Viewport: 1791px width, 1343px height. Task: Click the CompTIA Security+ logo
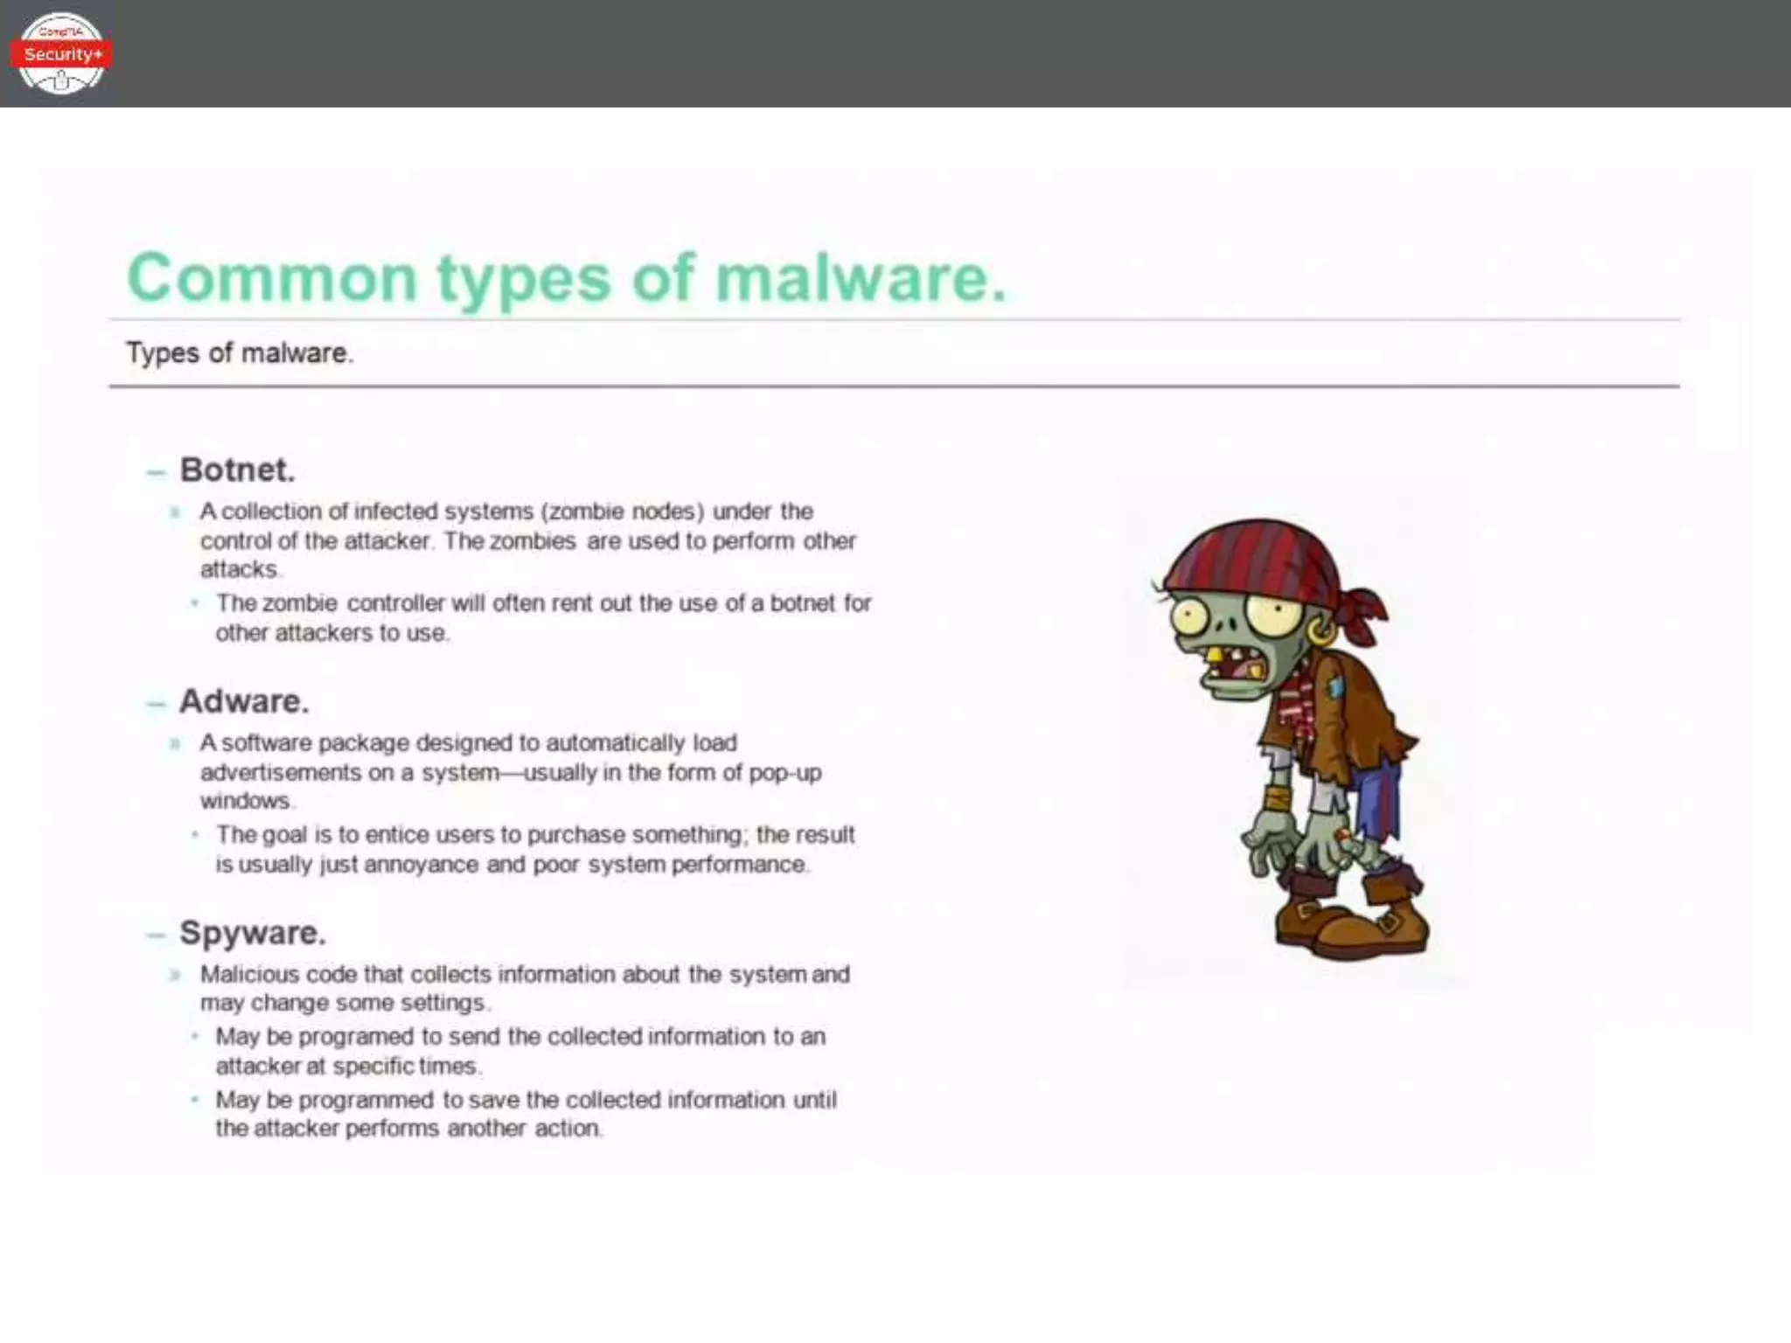coord(60,53)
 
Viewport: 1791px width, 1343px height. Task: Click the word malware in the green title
coord(861,278)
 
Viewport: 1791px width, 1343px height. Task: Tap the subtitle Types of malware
coord(240,353)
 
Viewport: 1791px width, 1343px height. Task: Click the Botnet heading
coord(237,470)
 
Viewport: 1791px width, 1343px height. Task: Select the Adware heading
coord(244,701)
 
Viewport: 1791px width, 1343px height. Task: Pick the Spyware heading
coord(253,933)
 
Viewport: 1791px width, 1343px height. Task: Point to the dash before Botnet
coord(157,473)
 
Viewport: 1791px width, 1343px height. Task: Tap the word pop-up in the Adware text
coord(785,773)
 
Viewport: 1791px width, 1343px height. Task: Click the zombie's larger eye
coord(1272,617)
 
